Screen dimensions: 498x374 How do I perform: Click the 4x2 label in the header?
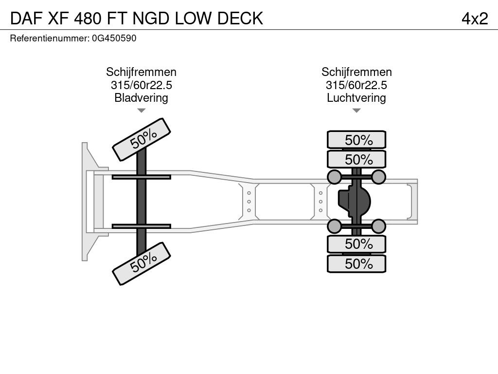(475, 19)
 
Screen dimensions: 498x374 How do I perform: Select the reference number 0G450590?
(114, 38)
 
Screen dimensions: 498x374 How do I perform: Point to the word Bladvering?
(141, 97)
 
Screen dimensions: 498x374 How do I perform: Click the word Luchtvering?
(356, 97)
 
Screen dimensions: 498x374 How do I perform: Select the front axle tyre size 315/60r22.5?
(141, 85)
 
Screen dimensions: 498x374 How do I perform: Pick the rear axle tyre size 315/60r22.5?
(356, 85)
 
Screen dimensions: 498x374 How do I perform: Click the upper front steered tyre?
(142, 140)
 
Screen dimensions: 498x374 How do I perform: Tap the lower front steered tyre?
(142, 263)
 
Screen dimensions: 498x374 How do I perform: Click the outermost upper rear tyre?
(356, 140)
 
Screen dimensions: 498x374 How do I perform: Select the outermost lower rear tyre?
(356, 263)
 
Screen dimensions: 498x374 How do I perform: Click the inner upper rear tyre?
(356, 159)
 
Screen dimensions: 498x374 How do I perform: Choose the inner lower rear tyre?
(356, 244)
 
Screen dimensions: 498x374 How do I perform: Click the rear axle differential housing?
(354, 202)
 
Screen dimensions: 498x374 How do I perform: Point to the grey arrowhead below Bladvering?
(142, 111)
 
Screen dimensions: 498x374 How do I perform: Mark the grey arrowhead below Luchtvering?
(356, 111)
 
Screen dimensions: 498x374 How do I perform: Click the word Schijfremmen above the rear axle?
(356, 72)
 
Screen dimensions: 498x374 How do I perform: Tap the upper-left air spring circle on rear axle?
(334, 177)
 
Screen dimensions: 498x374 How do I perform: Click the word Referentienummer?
(50, 38)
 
